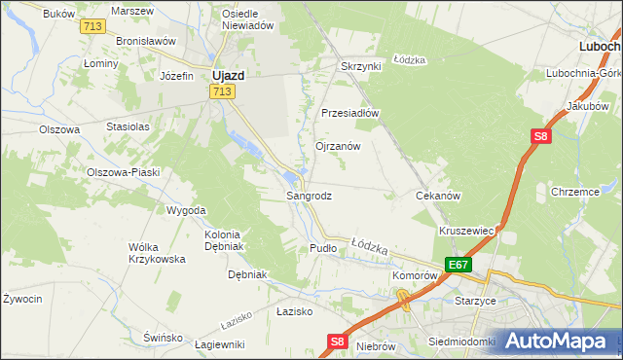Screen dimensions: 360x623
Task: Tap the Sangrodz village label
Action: [x=309, y=196]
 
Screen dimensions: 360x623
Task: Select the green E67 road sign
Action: [x=458, y=264]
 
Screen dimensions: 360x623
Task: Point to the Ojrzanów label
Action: [x=338, y=146]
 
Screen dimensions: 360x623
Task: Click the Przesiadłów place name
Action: [x=349, y=112]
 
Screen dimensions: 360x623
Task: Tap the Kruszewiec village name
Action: [x=468, y=231]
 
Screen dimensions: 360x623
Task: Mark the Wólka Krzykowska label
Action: [x=157, y=253]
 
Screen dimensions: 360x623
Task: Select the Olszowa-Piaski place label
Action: [x=123, y=172]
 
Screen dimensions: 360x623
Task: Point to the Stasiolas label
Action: [x=128, y=126]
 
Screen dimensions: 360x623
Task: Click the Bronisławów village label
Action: [x=145, y=42]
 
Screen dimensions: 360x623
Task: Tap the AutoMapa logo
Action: [x=554, y=341]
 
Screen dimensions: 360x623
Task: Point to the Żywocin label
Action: [x=21, y=299]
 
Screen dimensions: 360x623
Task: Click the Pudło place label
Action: [x=322, y=248]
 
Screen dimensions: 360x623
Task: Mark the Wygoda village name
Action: [x=186, y=210]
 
